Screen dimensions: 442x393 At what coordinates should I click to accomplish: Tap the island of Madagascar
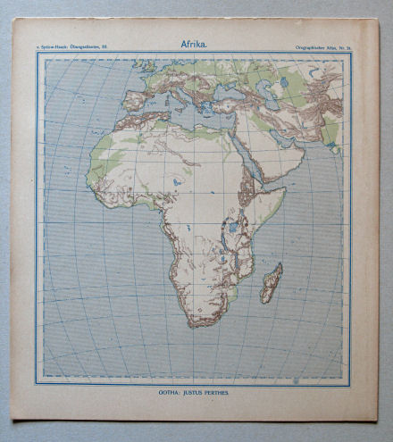(271, 282)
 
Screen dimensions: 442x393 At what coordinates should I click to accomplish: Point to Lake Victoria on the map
(234, 227)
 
